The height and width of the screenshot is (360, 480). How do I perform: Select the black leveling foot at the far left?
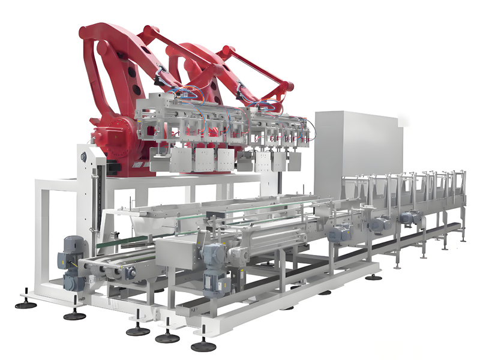[x=25, y=304]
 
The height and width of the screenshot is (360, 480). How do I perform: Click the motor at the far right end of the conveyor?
[x=410, y=218]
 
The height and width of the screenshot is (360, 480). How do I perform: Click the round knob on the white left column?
[x=83, y=157]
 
